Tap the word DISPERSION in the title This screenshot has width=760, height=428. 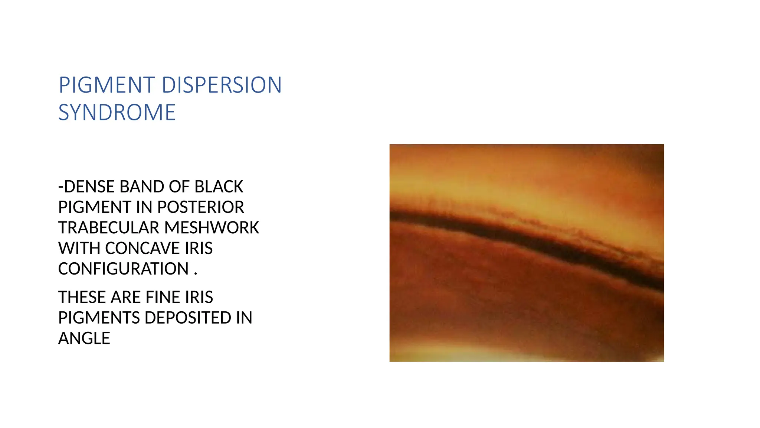click(x=222, y=85)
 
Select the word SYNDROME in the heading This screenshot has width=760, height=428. click(x=117, y=113)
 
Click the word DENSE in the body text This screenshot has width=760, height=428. click(x=90, y=187)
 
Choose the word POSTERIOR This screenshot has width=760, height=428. click(x=201, y=207)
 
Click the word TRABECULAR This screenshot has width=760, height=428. click(x=108, y=228)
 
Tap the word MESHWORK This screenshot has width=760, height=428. click(x=212, y=228)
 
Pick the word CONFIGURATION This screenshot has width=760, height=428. click(x=123, y=269)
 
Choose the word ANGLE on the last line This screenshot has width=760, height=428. click(x=84, y=338)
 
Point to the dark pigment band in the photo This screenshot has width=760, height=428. click(x=527, y=238)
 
